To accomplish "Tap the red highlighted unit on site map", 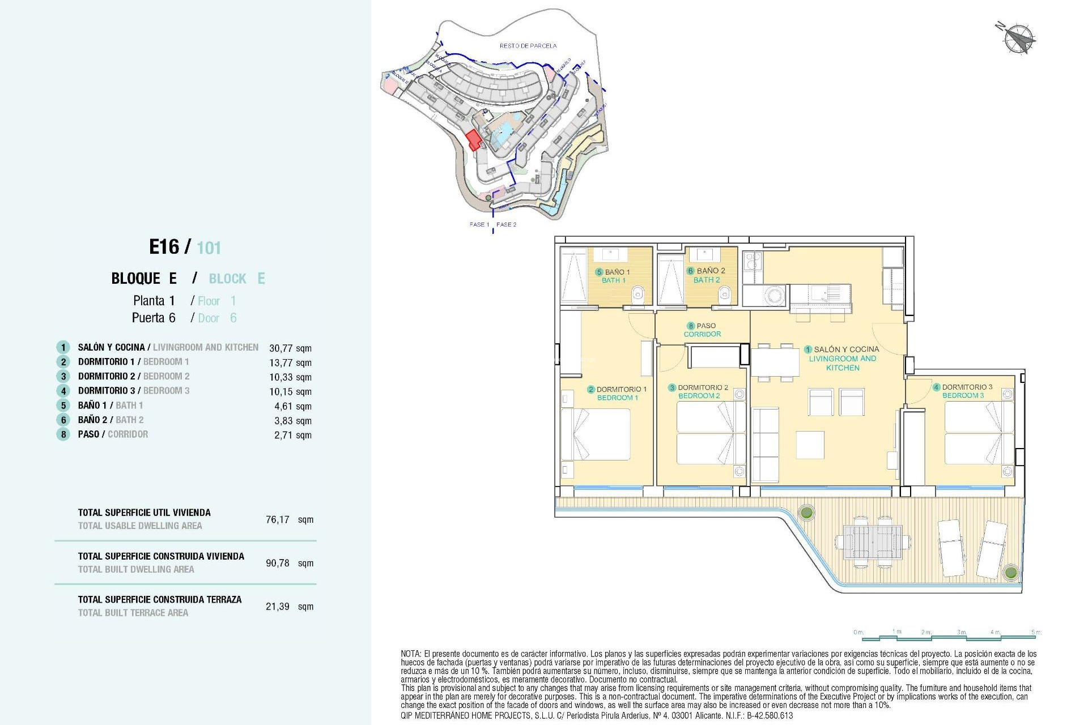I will point(473,139).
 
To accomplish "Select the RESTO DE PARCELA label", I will point(528,46).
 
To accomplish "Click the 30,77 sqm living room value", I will point(290,348).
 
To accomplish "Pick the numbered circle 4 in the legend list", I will point(63,391).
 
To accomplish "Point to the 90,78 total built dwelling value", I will point(278,563).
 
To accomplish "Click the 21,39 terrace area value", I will point(278,607).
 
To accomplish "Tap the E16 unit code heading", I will point(164,247).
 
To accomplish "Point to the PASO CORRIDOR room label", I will point(702,330).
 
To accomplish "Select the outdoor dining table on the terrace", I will point(872,541).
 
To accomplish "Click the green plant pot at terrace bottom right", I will point(1010,572).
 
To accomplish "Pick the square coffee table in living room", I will point(810,445).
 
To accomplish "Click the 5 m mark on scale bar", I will point(1036,632).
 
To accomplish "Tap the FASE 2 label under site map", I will point(506,225).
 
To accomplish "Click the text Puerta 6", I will point(154,318).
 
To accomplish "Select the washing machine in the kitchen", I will point(774,295).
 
